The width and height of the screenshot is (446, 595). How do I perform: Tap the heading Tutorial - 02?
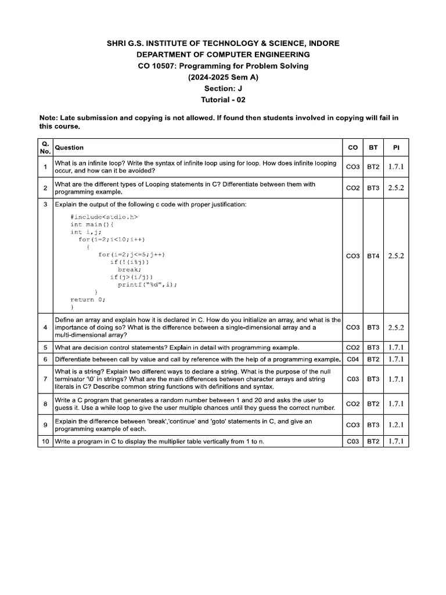[x=223, y=99]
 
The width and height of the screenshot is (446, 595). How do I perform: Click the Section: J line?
[x=223, y=88]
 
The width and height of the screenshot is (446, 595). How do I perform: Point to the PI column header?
[x=396, y=148]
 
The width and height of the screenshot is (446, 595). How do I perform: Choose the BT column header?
[x=373, y=148]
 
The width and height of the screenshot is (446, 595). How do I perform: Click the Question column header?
[x=69, y=148]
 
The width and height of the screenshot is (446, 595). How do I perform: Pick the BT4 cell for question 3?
[x=373, y=256]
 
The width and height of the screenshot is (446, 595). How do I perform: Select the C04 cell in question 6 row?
[x=353, y=359]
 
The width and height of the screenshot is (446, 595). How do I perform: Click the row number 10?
[x=45, y=442]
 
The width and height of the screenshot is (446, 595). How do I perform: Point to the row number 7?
[x=45, y=379]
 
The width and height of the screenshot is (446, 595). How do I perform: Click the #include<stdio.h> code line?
[x=104, y=217]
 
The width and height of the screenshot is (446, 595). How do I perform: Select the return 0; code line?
[x=88, y=300]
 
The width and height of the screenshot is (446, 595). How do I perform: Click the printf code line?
[x=147, y=285]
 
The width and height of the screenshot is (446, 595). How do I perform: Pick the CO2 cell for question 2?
[x=353, y=188]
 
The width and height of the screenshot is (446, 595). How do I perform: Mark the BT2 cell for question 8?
[x=373, y=404]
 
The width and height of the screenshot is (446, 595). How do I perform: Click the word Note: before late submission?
[x=49, y=118]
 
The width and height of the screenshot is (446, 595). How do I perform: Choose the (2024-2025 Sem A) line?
[x=223, y=77]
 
